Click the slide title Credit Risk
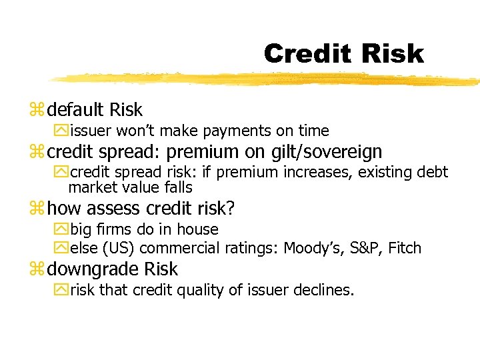pos(343,54)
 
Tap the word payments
pos(227,131)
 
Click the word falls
pos(177,187)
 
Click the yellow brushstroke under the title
pos(267,79)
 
